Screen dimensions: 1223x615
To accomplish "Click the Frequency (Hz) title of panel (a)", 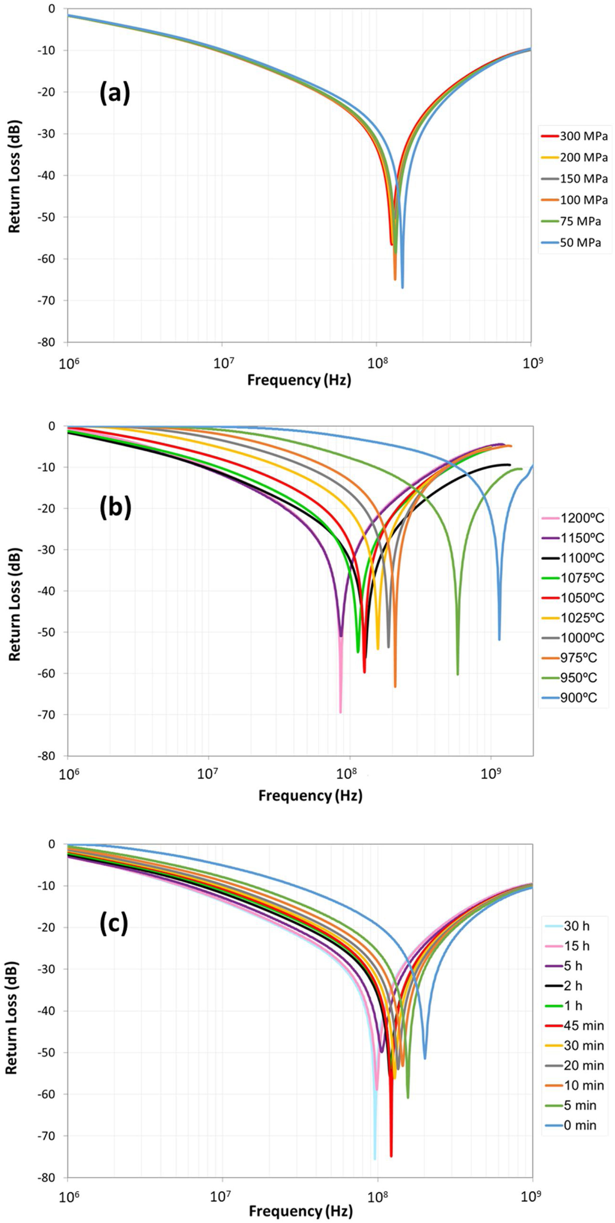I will point(299,380).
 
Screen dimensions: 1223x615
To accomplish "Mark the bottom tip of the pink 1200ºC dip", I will point(341,712).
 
